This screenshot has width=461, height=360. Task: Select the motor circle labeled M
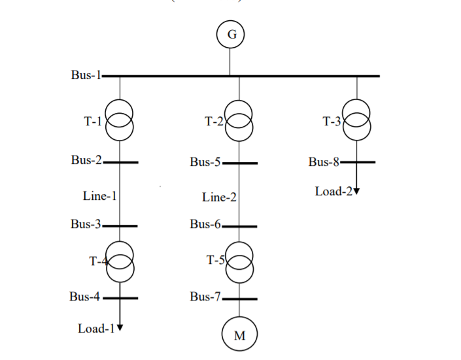click(239, 335)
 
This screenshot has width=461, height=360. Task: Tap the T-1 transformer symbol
click(120, 120)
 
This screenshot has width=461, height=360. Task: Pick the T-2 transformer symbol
click(239, 120)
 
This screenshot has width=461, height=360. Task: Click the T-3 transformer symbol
click(357, 120)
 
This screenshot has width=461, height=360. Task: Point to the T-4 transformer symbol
click(120, 261)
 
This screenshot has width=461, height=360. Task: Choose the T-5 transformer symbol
click(239, 261)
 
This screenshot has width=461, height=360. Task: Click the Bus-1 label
click(86, 75)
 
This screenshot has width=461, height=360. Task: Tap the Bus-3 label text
click(86, 225)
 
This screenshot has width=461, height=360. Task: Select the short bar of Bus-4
click(120, 298)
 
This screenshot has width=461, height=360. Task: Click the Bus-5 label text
click(205, 162)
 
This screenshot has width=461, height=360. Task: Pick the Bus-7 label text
click(205, 297)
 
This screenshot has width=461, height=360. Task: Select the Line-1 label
click(99, 195)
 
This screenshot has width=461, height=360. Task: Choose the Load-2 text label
click(333, 191)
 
